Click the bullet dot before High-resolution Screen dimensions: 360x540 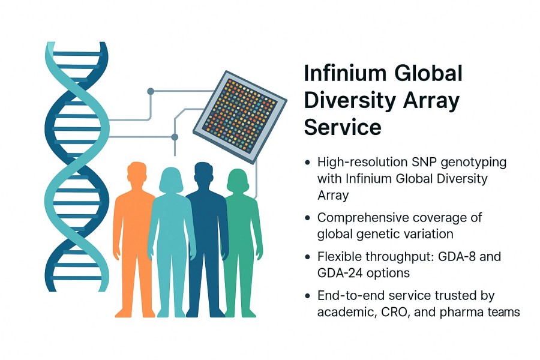click(308, 163)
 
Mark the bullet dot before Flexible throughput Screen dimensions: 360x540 click(308, 257)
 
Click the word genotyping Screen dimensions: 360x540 click(468, 163)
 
